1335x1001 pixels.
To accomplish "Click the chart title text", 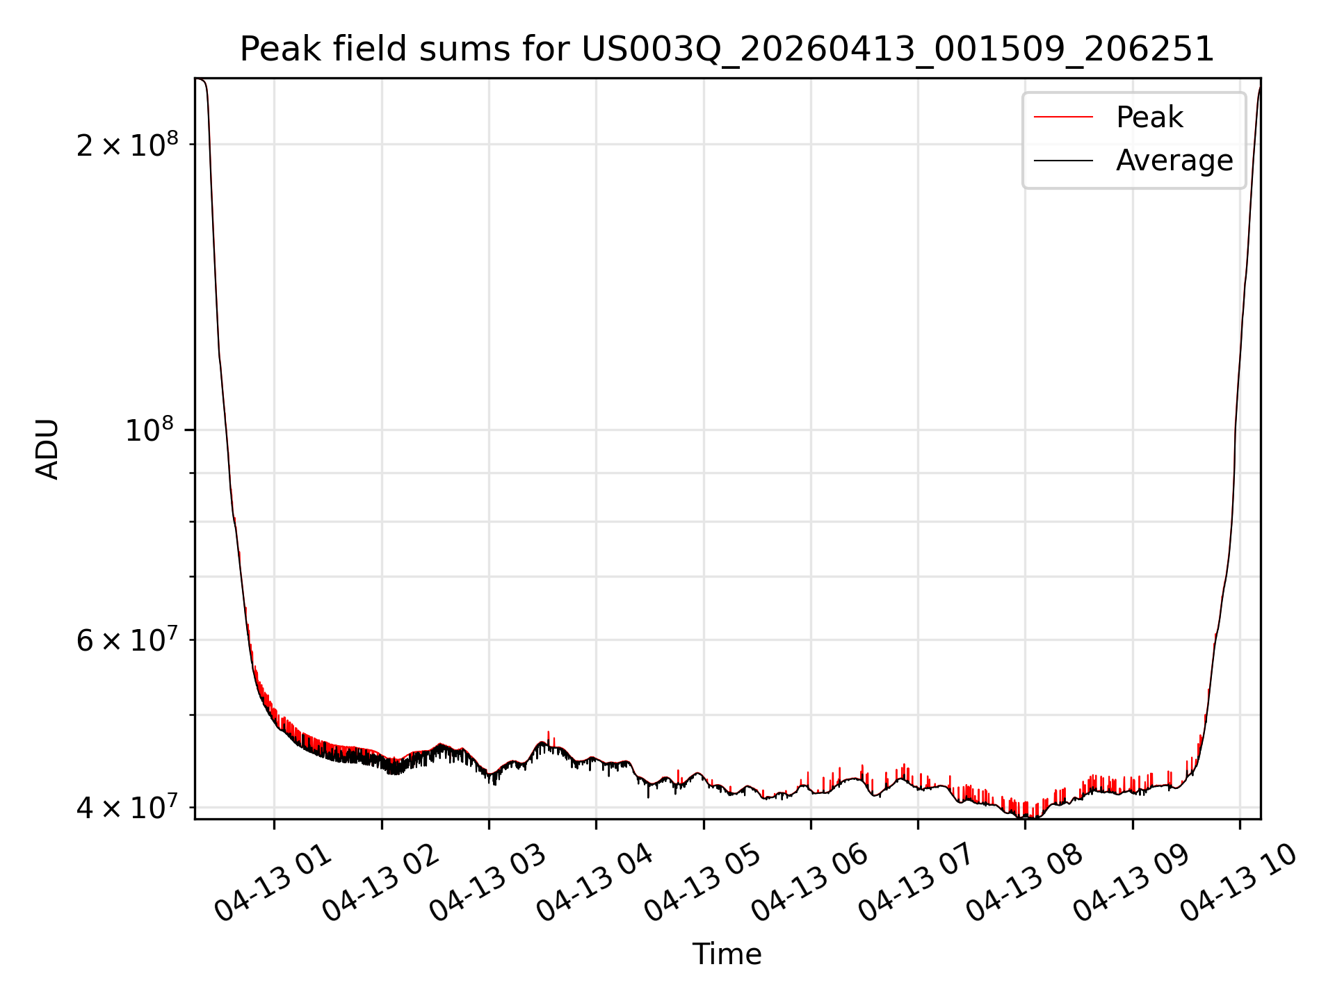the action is pos(727,49).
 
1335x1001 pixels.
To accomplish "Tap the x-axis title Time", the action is pos(727,954).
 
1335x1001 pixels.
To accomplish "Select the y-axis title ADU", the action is pos(47,448).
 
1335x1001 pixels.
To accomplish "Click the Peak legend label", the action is pos(1149,117).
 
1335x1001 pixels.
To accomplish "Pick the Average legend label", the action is pos(1174,161).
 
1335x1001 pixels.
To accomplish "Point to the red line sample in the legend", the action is pos(1063,117).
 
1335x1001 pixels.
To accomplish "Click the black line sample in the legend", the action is pos(1063,161).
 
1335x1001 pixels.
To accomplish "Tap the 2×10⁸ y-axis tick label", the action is pos(127,144).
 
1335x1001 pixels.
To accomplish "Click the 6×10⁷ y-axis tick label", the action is pos(127,640).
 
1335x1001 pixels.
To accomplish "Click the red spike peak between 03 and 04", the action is pos(549,732).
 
